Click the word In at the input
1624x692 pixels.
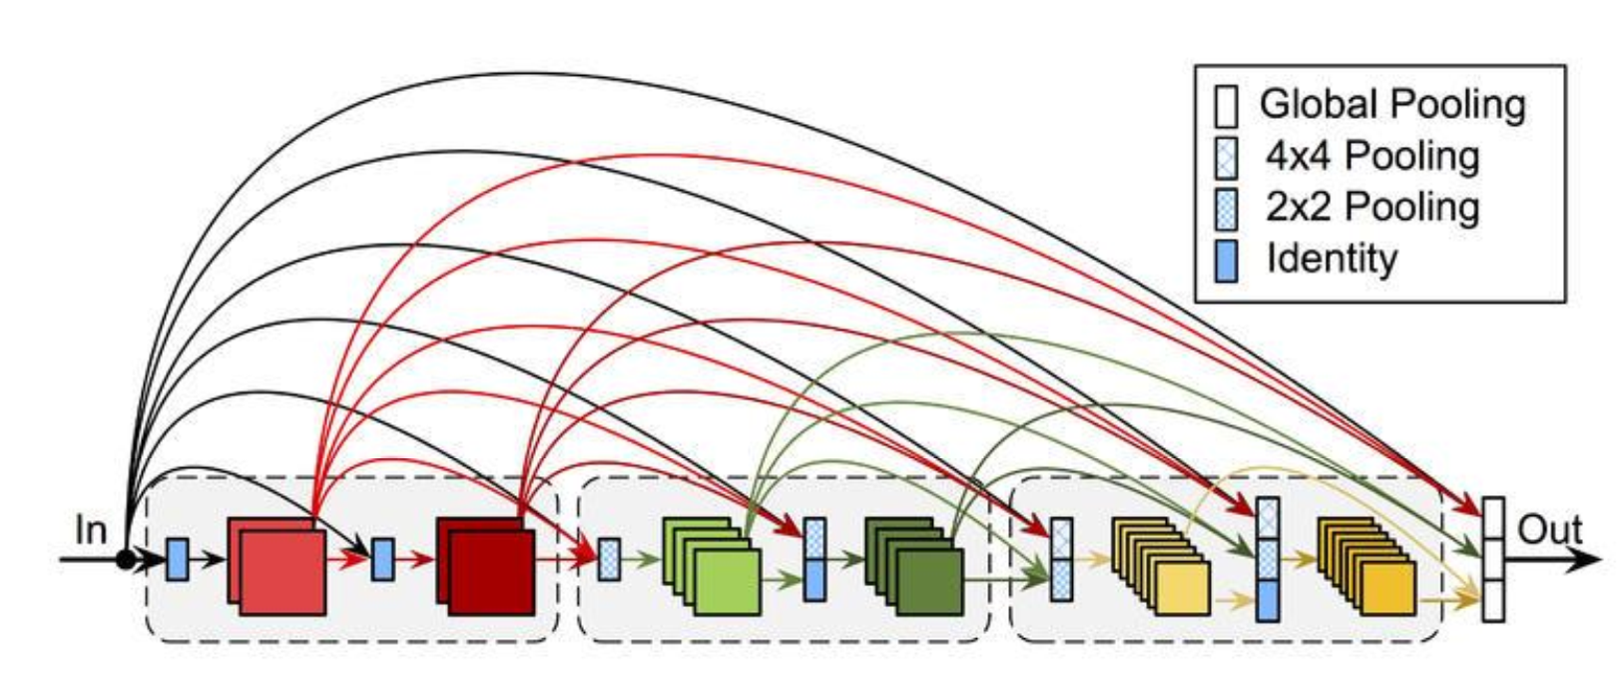(90, 529)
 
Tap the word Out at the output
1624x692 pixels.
(1549, 529)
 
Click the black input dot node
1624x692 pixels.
(126, 559)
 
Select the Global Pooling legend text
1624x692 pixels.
(1392, 104)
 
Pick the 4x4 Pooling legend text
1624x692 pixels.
(1372, 156)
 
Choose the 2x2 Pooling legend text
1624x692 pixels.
(1372, 207)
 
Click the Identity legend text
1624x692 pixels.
(1332, 259)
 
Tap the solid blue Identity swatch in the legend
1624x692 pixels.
(1227, 261)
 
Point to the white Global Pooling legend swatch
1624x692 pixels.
(1227, 106)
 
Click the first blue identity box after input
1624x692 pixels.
(177, 559)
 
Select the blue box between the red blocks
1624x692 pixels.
(382, 559)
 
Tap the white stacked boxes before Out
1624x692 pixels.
(1492, 559)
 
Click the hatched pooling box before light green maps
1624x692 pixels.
(609, 559)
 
